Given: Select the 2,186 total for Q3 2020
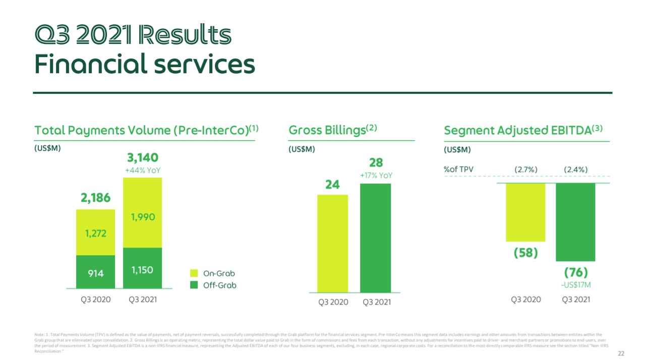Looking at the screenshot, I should tap(95, 198).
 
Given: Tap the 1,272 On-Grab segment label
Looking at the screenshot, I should tap(95, 234).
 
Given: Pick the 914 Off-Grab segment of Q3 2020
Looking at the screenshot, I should tap(95, 273).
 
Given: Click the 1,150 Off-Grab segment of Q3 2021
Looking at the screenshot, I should tap(143, 270).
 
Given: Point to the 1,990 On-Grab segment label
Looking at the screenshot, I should tap(143, 217).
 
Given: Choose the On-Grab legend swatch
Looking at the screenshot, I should tap(194, 273).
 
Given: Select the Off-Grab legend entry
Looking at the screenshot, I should tap(219, 285).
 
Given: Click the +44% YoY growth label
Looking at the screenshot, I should tap(143, 171).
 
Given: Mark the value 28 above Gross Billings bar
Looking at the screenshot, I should tap(376, 162).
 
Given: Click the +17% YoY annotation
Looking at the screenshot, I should tap(376, 175).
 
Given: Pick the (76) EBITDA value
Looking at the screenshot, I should tap(575, 273).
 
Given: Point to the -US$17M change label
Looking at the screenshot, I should tap(575, 285).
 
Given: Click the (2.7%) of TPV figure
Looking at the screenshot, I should tap(525, 169).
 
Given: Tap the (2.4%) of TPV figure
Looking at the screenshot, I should tap(575, 169).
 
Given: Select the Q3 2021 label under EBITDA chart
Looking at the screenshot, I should tap(575, 299).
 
